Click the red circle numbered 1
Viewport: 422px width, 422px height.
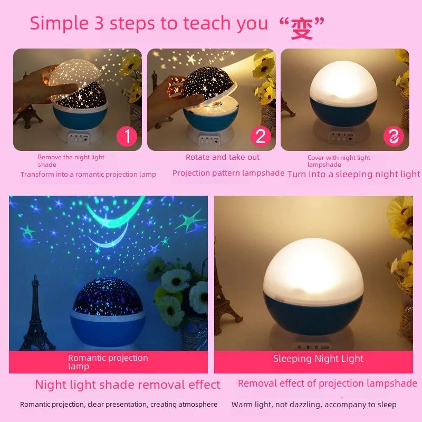(x=127, y=137)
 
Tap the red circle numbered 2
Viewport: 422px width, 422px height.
(x=260, y=137)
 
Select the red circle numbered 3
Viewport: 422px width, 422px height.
(x=394, y=137)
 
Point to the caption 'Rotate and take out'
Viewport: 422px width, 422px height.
(x=223, y=157)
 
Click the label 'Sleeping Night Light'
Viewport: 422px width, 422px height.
(x=318, y=359)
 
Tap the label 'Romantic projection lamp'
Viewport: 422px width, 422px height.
(x=108, y=362)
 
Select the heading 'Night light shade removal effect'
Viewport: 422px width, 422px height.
(x=128, y=385)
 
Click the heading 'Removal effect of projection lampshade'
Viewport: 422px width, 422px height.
(x=327, y=383)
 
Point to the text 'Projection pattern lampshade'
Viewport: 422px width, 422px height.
(x=228, y=173)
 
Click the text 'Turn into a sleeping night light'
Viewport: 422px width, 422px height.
(x=353, y=174)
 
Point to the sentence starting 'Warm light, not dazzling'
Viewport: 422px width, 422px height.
(x=313, y=405)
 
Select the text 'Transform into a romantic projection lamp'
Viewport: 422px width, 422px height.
(x=88, y=174)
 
